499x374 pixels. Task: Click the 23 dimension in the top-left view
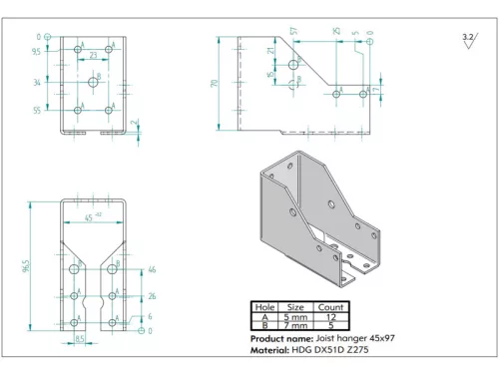94,56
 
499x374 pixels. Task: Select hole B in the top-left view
92,83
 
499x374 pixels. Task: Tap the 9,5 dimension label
36,50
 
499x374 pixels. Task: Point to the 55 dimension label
37,111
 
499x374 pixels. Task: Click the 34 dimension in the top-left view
37,83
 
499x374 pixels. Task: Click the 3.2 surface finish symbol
468,37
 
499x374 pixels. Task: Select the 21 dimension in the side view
270,50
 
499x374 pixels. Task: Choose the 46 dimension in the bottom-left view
152,269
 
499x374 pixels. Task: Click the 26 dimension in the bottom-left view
152,296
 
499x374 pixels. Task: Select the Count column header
330,307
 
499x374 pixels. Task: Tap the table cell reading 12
330,316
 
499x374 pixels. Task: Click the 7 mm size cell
296,325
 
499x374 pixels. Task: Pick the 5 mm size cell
296,316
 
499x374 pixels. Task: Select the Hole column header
264,307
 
